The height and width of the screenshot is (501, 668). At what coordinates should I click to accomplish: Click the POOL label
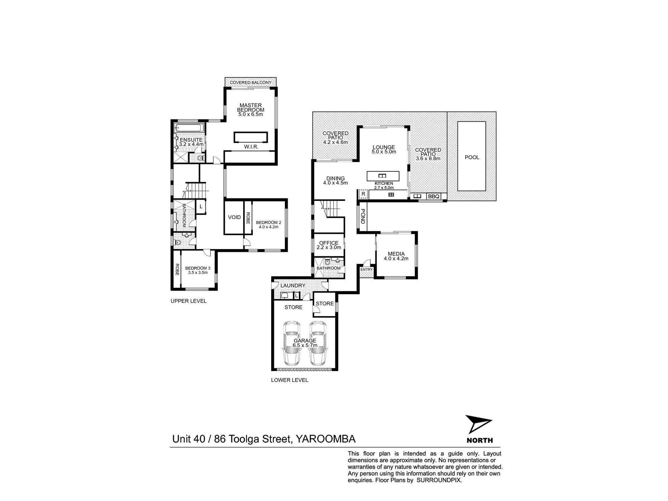click(472, 157)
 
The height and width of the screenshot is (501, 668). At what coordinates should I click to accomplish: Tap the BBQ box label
click(434, 197)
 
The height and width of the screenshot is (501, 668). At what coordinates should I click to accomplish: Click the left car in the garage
click(291, 343)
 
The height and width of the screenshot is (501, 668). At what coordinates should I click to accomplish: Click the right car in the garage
click(317, 343)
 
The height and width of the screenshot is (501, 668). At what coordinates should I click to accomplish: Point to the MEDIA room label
click(396, 254)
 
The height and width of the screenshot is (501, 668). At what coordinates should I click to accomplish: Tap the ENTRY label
click(366, 270)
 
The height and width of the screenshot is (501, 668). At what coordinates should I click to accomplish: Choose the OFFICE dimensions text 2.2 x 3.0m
click(329, 247)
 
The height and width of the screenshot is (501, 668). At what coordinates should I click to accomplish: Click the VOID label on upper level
click(234, 217)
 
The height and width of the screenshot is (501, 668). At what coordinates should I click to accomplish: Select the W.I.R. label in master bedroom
click(251, 147)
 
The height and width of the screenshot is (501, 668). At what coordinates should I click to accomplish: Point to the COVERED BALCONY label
click(251, 82)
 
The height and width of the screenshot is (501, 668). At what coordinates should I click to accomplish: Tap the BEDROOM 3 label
click(198, 268)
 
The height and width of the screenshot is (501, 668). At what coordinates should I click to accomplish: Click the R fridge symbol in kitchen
click(363, 194)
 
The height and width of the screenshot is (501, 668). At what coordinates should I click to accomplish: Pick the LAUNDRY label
click(293, 286)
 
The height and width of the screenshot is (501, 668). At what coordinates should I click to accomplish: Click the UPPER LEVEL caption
click(188, 301)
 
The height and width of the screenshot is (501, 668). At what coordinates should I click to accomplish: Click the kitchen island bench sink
click(383, 176)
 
